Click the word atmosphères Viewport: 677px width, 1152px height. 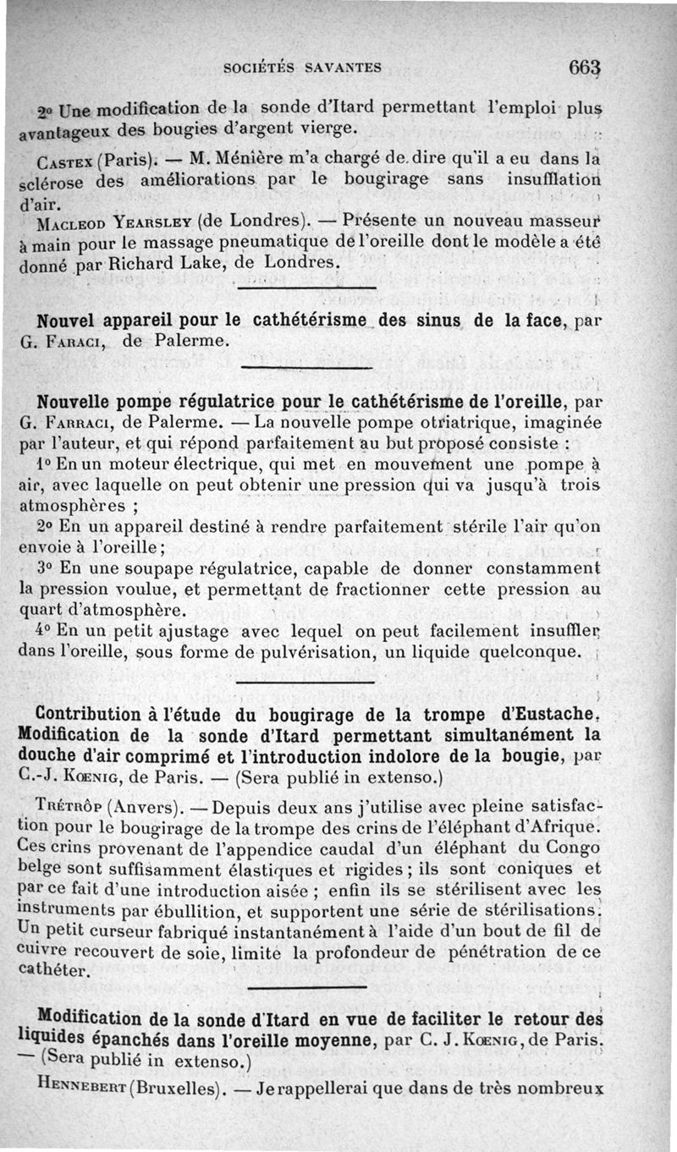(73, 507)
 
